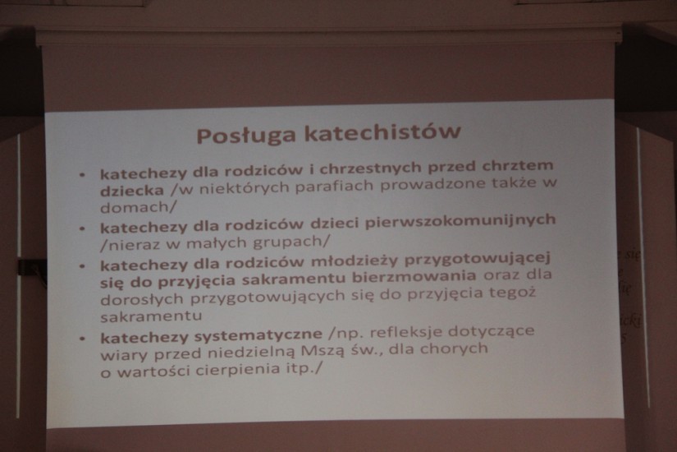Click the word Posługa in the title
(247, 135)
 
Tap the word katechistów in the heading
(382, 131)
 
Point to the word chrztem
(518, 165)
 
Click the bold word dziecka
(131, 191)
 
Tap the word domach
(138, 207)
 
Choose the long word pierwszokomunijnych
(460, 221)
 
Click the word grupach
(291, 242)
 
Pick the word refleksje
(403, 333)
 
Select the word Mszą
(322, 352)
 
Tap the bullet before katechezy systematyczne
(83, 339)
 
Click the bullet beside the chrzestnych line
(82, 175)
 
